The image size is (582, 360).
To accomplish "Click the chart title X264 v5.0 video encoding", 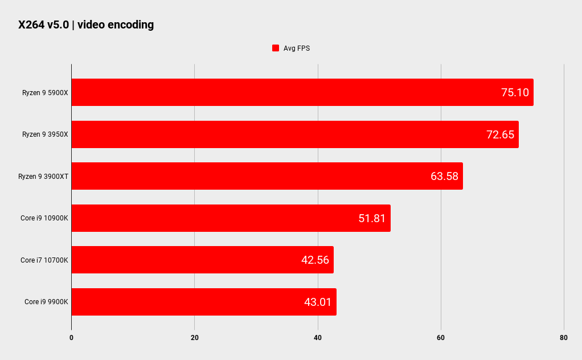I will click(x=86, y=24).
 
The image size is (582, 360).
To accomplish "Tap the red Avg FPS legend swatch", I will click(x=276, y=48).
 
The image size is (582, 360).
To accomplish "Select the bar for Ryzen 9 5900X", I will click(x=302, y=92).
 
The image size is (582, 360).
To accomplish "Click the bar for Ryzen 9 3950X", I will click(x=294, y=134).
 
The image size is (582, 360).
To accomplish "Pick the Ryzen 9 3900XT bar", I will click(x=267, y=176).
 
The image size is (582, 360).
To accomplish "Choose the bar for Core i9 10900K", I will click(x=231, y=218).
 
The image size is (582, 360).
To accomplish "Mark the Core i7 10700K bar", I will click(x=202, y=260).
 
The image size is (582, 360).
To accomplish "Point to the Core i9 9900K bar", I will click(x=203, y=302).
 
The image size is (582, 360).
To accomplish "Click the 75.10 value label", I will click(x=515, y=92).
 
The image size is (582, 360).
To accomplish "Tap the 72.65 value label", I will click(x=500, y=134).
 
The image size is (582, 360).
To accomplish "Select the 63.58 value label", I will click(x=444, y=176).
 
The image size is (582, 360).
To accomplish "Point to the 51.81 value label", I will click(x=372, y=218).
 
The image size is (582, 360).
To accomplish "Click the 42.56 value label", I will click(x=315, y=260).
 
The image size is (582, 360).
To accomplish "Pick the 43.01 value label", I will click(x=318, y=302).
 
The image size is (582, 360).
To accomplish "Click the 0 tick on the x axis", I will click(x=71, y=338).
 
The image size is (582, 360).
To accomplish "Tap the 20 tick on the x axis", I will click(x=194, y=338).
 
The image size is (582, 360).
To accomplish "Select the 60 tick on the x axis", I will click(x=441, y=338).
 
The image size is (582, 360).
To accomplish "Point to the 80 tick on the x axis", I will click(x=564, y=338).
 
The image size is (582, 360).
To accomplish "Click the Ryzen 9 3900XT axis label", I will click(x=43, y=177).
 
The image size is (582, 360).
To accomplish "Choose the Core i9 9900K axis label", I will click(x=46, y=302).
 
